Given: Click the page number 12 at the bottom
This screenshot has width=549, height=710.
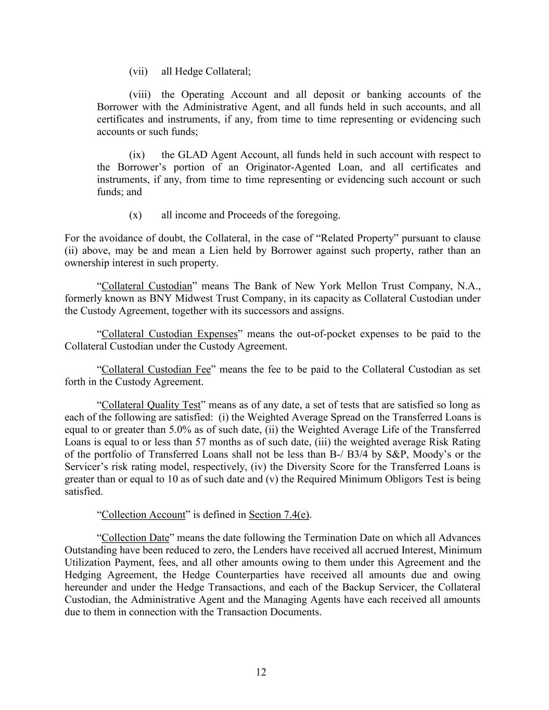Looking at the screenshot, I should (x=261, y=672).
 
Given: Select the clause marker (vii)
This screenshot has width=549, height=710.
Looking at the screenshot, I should (x=138, y=71).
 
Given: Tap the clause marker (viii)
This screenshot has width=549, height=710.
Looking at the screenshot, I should (x=140, y=95).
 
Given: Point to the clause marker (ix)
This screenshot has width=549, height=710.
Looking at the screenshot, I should (x=137, y=155).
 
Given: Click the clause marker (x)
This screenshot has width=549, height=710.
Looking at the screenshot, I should (x=135, y=215).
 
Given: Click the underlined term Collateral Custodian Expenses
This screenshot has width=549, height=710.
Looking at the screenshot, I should (x=170, y=334).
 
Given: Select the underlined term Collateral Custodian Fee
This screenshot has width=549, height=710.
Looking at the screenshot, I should (x=156, y=370).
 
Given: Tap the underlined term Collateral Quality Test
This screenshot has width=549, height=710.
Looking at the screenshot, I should (x=151, y=405).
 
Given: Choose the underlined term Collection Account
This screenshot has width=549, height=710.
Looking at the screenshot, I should (x=144, y=515).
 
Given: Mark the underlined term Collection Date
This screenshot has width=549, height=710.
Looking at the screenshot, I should (x=135, y=538).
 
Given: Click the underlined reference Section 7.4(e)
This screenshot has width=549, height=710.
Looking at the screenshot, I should (x=279, y=515).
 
